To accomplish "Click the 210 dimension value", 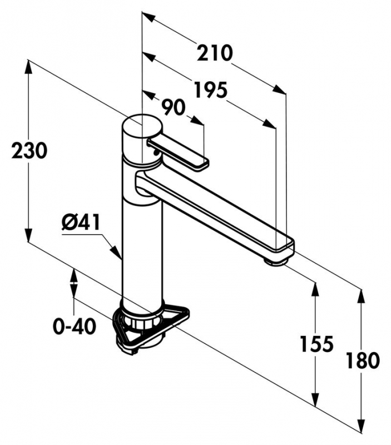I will (214, 53).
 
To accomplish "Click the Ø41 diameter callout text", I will (81, 223).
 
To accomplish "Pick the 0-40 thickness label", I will (74, 327).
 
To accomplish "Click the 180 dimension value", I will (362, 360).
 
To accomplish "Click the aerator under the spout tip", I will (276, 260).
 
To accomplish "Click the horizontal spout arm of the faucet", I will (217, 209).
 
